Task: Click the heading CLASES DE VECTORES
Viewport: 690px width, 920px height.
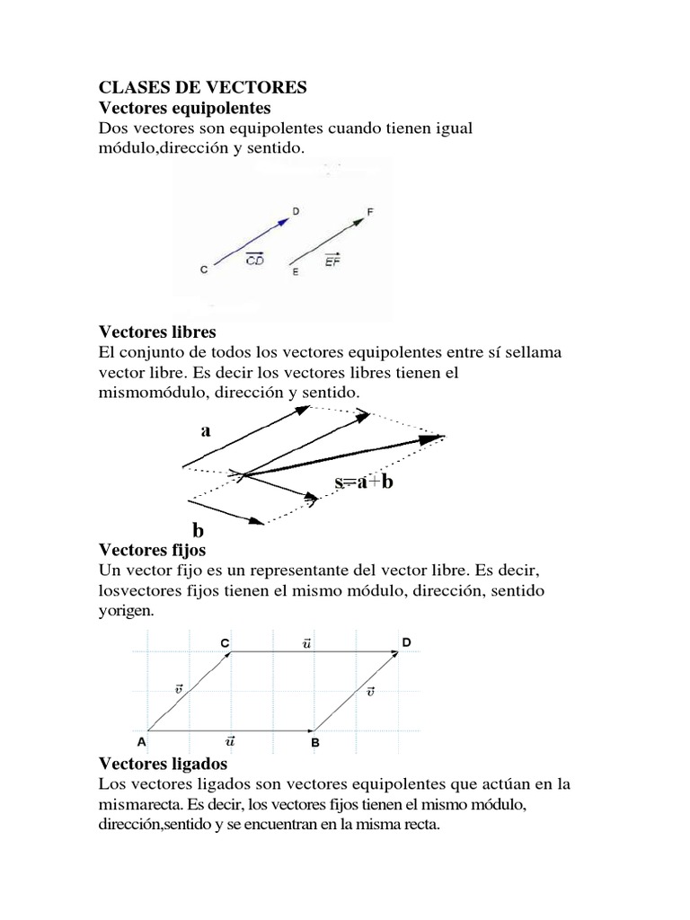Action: [202, 87]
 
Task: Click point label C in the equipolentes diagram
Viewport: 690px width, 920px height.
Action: [205, 269]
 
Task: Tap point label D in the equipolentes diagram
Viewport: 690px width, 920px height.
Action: [296, 212]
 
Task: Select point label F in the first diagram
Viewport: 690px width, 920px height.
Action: [370, 212]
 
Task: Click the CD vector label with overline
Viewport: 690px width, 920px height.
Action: [254, 260]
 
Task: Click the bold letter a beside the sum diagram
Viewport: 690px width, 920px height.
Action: [206, 430]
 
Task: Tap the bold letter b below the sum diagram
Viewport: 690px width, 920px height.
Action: [198, 530]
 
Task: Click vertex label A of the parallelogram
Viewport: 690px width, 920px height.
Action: [140, 742]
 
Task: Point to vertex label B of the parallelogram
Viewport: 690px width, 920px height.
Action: [315, 743]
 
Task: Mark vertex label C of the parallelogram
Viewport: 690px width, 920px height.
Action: [225, 642]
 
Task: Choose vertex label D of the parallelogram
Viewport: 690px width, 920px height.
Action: [407, 642]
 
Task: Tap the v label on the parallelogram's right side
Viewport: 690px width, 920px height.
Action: [371, 691]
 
